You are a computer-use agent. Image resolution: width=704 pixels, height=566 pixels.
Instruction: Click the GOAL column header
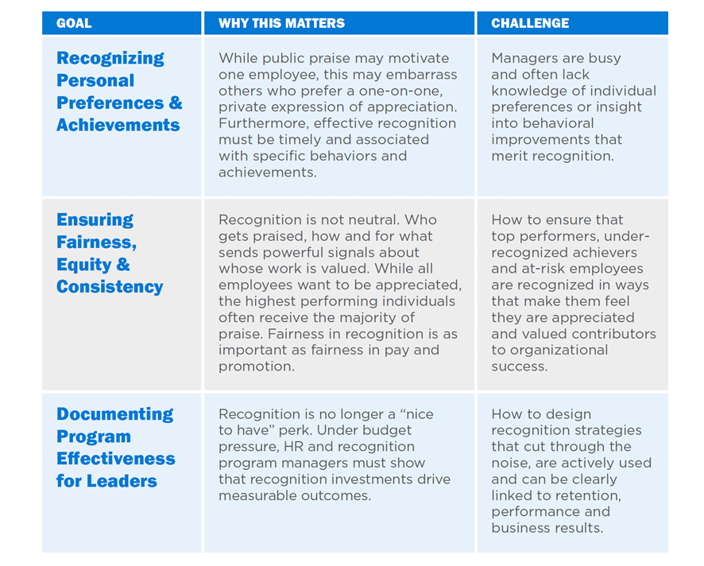(74, 23)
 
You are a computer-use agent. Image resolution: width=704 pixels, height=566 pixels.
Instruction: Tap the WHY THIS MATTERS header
(281, 23)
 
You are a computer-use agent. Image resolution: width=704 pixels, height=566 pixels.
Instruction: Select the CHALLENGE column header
(530, 23)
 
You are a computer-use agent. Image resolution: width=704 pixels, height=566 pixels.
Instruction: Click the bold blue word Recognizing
(110, 58)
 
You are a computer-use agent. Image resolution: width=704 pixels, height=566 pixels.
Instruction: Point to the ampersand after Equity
(123, 264)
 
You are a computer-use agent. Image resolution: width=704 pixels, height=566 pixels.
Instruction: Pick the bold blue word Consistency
(110, 287)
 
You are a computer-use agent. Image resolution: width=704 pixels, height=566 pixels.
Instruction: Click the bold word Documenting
(115, 414)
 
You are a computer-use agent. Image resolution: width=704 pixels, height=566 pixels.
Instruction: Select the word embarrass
(421, 75)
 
